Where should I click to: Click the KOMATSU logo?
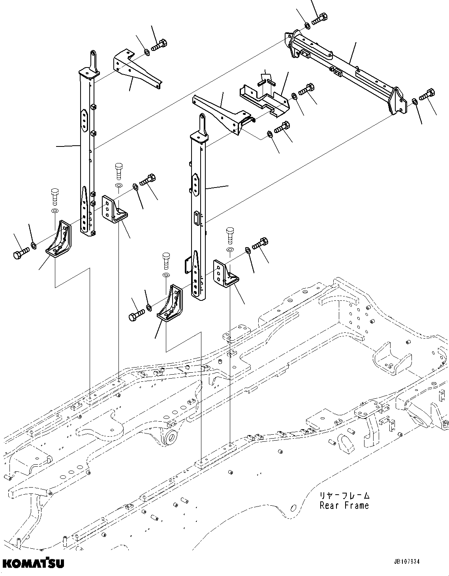[33, 562]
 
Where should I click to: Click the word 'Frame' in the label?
[357, 505]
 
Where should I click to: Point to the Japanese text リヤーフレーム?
[344, 495]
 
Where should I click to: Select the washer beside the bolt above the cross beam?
[307, 26]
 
